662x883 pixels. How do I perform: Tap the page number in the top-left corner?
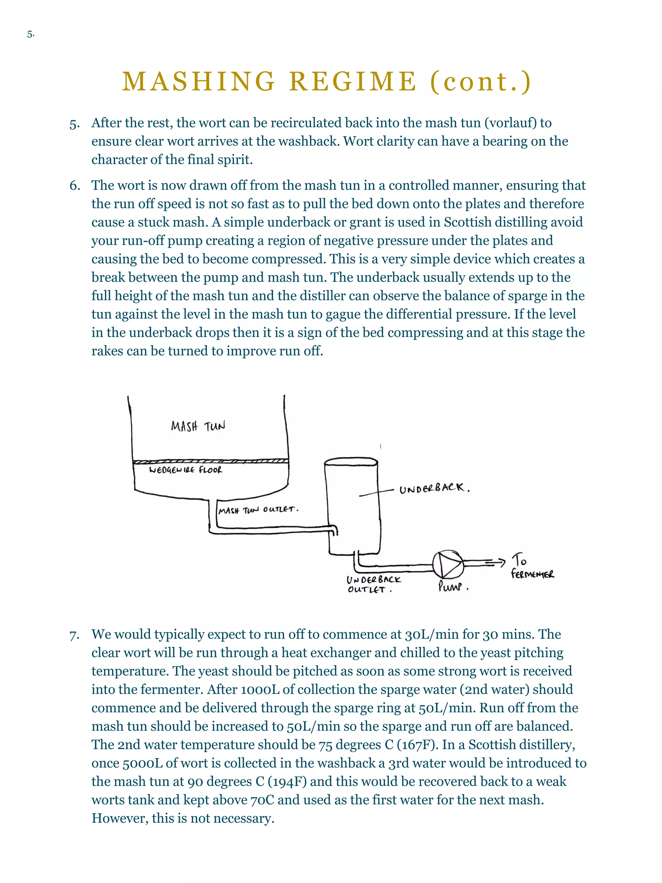(x=31, y=35)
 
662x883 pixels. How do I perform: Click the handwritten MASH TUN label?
(x=198, y=426)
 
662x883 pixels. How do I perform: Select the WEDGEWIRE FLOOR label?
(x=186, y=470)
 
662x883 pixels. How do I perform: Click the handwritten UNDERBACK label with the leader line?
(x=434, y=488)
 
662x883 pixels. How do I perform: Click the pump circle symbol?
(x=448, y=564)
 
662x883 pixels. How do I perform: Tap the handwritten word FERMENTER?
(x=532, y=575)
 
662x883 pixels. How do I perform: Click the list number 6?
(x=75, y=186)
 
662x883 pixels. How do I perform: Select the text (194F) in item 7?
(x=287, y=781)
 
